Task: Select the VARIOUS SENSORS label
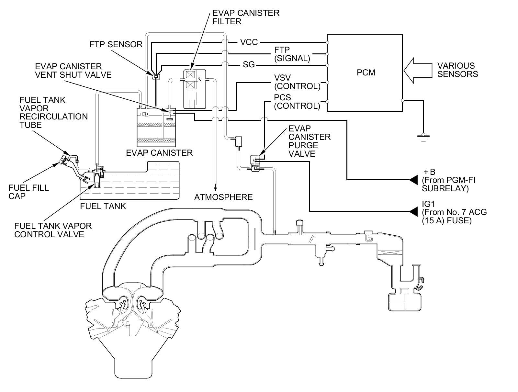(457, 70)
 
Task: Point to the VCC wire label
(249, 42)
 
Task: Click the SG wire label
(249, 65)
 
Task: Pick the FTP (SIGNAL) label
(292, 54)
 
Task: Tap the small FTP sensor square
(156, 76)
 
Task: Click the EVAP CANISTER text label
(159, 152)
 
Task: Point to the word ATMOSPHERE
(223, 197)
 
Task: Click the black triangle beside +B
(413, 180)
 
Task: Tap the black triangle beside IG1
(413, 212)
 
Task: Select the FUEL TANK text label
(103, 206)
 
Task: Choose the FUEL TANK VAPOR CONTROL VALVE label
(53, 230)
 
